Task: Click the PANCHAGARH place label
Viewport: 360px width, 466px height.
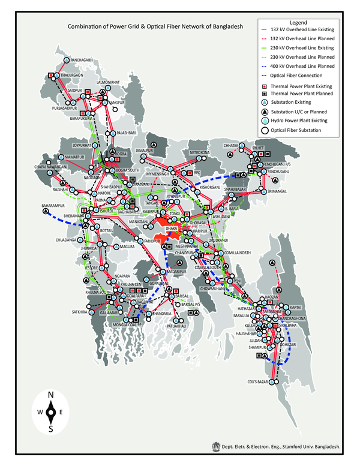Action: pos(83,61)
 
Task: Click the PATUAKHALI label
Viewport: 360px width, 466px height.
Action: pos(178,326)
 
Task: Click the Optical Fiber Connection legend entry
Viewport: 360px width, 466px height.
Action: pos(297,76)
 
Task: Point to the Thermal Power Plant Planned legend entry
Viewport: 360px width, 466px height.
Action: pos(302,94)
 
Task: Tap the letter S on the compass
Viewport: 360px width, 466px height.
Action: pos(51,429)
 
